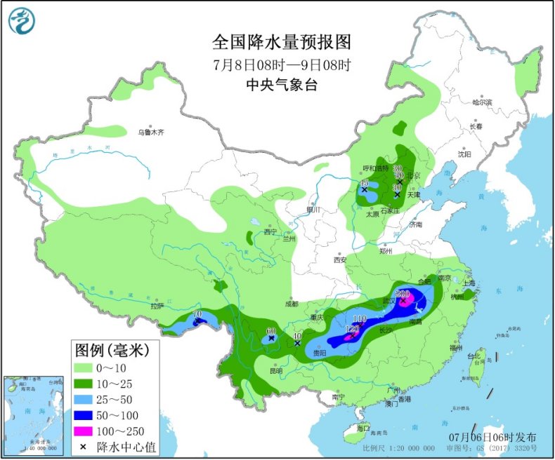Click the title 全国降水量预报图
(x=281, y=43)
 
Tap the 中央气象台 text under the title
(x=280, y=85)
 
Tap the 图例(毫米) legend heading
(x=111, y=349)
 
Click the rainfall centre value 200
(x=403, y=295)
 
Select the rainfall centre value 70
(x=197, y=314)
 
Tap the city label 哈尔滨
(x=483, y=102)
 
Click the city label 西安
(x=341, y=259)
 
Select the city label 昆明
(x=275, y=370)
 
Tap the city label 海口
(x=363, y=428)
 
